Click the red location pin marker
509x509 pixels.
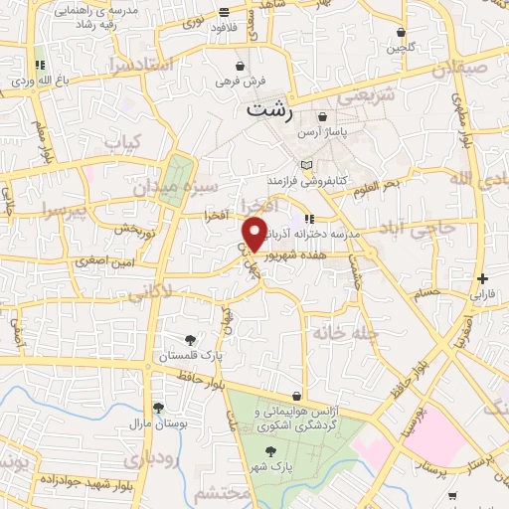tap(255, 234)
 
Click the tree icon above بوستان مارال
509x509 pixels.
tap(157, 407)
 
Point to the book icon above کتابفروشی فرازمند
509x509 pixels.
tap(306, 164)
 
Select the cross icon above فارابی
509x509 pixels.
tap(482, 279)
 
